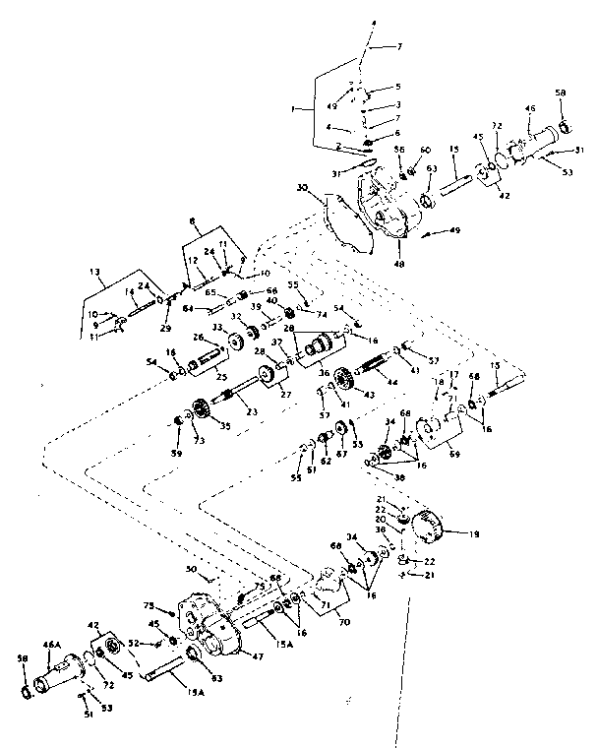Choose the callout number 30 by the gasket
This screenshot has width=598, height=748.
coord(304,187)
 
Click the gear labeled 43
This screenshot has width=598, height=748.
coord(344,378)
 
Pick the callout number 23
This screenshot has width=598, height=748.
coord(223,413)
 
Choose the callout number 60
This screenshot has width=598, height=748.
coord(425,150)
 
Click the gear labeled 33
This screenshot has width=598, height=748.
coord(237,342)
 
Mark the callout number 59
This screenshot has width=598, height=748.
coord(178,454)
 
